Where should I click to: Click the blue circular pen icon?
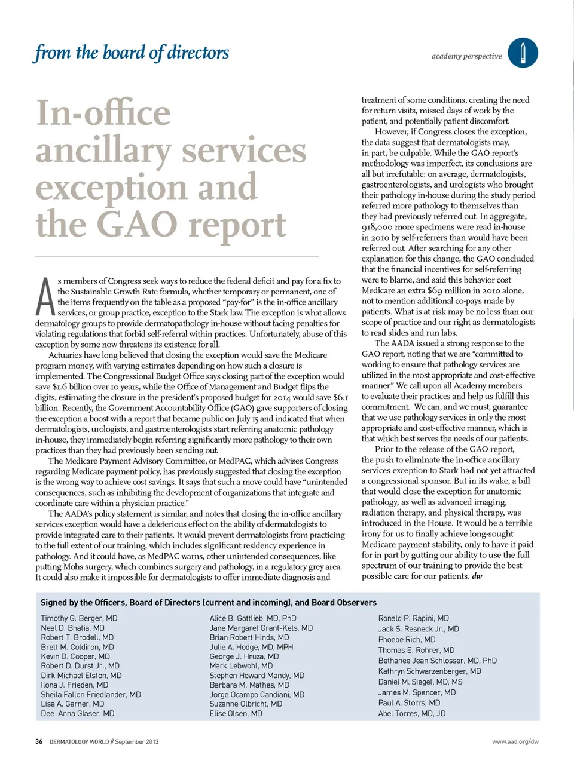coord(523,53)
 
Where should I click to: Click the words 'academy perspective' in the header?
coord(466,56)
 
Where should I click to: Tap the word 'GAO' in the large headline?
coord(139,225)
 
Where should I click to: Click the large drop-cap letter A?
coord(45,297)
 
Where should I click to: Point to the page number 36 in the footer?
coord(39,741)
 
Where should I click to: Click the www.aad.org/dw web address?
coord(515,741)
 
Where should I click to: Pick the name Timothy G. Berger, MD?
coord(79,618)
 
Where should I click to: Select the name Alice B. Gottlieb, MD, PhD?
coord(253,618)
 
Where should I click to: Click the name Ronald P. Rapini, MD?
coord(413,618)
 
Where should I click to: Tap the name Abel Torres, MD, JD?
coord(411,713)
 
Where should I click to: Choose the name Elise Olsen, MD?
coord(236,713)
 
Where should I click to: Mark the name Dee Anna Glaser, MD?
coord(78,713)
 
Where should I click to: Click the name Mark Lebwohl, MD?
coord(241,665)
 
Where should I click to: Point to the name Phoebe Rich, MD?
coord(407,639)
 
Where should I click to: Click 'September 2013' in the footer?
coord(137,741)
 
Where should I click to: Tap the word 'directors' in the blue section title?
coord(198,53)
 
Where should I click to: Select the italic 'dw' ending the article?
coord(477,576)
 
